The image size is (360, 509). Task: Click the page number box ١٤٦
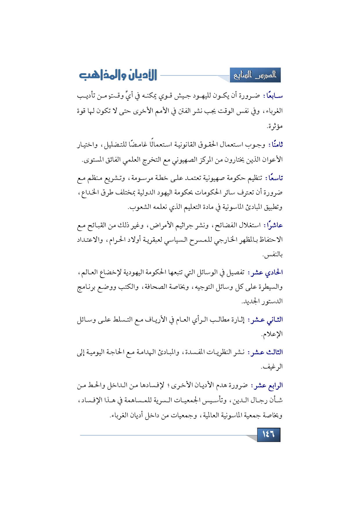pos(269,434)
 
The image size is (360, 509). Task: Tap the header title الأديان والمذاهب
pos(118,75)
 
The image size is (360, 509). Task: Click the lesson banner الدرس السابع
pos(255,75)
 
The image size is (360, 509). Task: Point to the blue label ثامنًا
pos(276,144)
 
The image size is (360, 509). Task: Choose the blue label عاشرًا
pos(273,225)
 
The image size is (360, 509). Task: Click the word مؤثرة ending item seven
pos(274,127)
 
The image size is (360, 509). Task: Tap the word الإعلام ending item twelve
pos(272,334)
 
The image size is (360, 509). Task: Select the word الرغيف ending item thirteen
pos(272,367)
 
